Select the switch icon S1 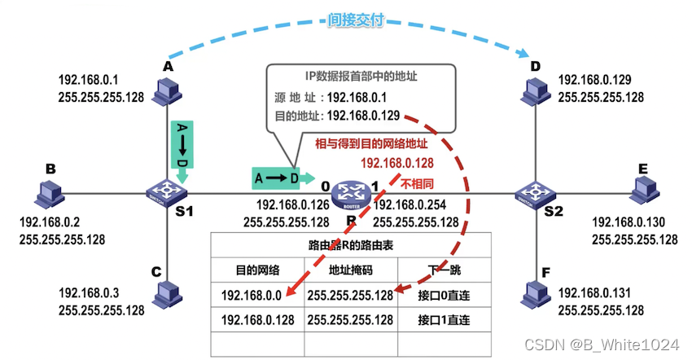pos(168,192)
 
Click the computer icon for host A pos(169,93)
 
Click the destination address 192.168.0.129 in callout pos(363,116)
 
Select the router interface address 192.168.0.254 pos(410,204)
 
